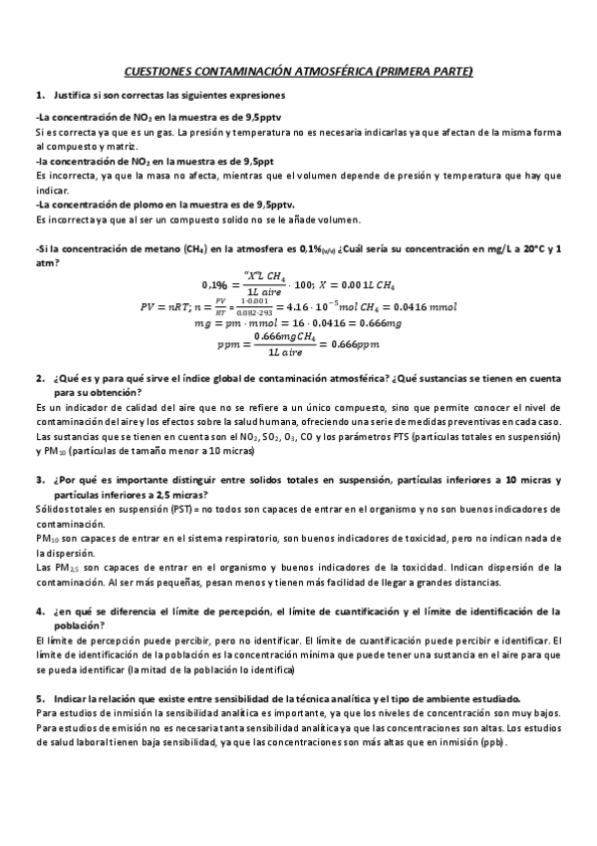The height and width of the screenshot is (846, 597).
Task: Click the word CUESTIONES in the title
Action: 154,72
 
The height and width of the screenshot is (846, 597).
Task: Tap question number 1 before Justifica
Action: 39,95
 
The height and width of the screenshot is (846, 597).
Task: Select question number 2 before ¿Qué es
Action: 39,380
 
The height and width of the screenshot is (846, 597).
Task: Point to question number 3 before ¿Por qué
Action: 39,479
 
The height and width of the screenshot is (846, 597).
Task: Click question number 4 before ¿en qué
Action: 39,610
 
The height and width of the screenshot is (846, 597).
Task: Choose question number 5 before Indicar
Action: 39,699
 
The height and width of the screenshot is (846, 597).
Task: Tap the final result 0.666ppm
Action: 358,345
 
